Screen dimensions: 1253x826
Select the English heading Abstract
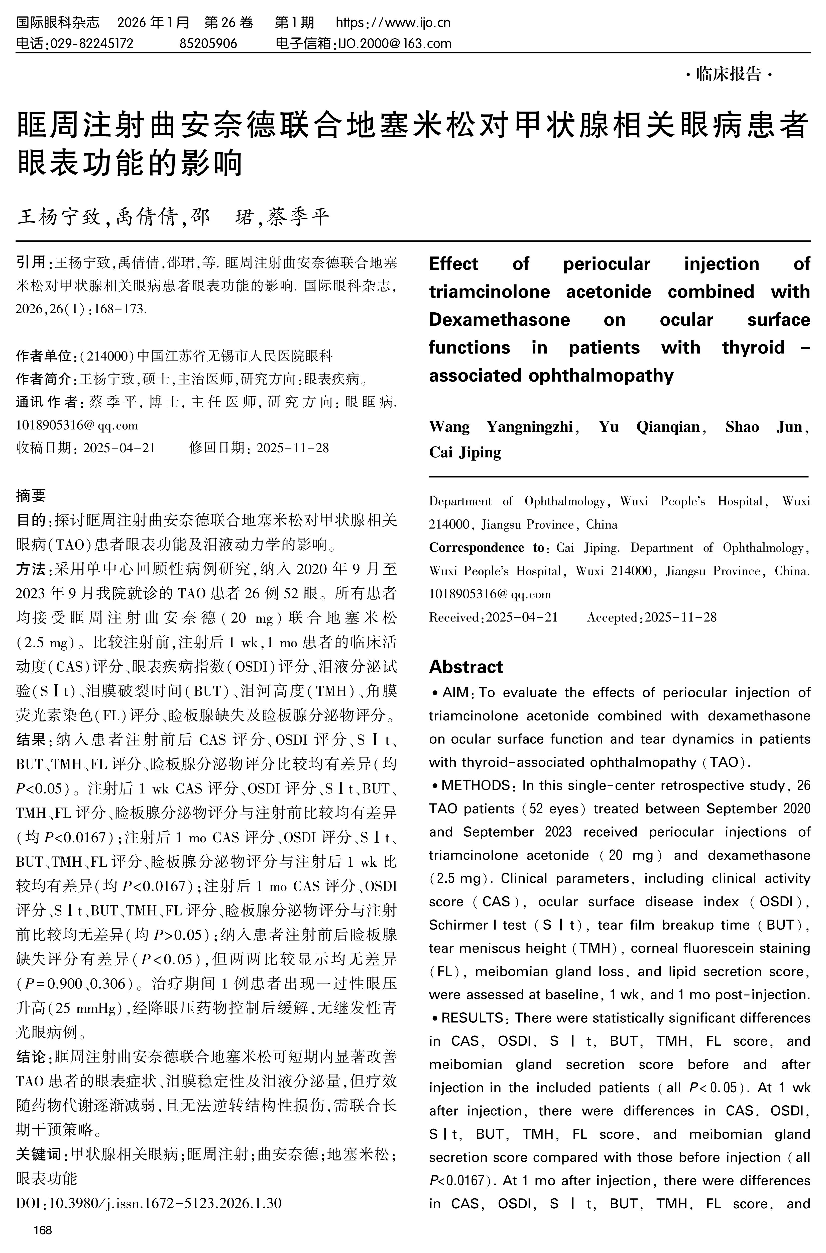466,667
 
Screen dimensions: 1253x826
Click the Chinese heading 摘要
31,495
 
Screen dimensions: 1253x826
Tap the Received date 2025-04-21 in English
522,617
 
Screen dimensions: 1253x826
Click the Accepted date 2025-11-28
681,617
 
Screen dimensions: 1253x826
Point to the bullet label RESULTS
473,1018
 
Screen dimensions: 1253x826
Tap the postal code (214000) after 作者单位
107,356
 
